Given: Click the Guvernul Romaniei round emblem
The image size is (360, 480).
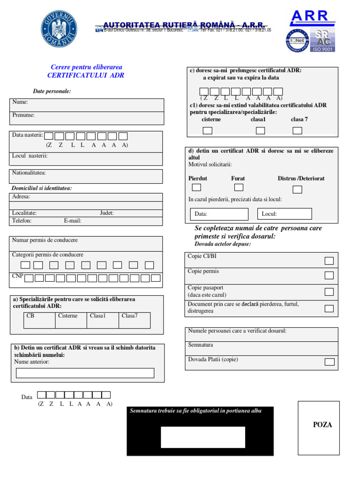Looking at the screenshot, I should coord(59,28).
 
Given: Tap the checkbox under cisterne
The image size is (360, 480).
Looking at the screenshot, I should coord(208,130).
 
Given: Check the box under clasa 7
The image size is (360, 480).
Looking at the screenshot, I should coord(297,130).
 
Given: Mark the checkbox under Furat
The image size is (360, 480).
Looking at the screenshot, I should coord(239,187).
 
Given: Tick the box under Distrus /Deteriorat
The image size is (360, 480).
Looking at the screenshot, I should coord(297,189).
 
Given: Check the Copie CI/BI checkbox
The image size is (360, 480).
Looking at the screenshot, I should coord(329,261).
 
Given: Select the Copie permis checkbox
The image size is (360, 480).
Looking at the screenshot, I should coord(329,275).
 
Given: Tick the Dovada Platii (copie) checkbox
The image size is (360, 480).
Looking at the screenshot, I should coord(329,361).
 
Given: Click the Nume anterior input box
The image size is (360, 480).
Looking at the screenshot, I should coord(85,373).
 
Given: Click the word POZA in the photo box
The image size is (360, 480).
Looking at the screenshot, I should coord(322,425).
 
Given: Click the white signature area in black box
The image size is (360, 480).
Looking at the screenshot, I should coord(203,437).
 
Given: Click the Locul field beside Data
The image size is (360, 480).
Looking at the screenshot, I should coord(285,214).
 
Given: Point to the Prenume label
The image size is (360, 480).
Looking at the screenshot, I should coord(23,115).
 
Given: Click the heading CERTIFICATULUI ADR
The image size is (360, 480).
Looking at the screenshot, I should coord(86,75).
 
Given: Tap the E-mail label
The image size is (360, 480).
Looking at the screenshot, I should coord(73,220).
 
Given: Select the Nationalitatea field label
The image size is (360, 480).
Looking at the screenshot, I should coord(29,173).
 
